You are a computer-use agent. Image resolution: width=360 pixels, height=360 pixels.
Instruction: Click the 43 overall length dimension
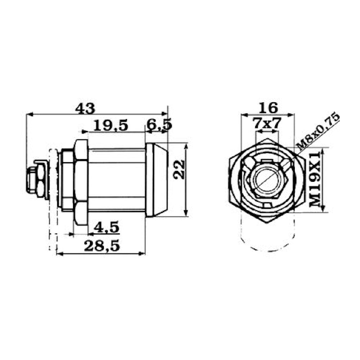coord(85,109)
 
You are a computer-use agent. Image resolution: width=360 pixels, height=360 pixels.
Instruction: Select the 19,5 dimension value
coord(111,126)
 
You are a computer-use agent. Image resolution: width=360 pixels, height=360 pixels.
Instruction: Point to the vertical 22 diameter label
coord(179,169)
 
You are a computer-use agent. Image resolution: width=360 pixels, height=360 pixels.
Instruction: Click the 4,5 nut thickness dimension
coord(107,227)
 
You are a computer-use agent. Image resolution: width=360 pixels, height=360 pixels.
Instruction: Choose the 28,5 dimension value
coord(102,246)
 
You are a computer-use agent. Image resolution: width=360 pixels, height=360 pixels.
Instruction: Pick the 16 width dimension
coord(268,108)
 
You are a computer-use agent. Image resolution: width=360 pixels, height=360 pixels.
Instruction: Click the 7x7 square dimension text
coord(267,123)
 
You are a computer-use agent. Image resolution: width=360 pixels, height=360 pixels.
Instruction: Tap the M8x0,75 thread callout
coord(318,131)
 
